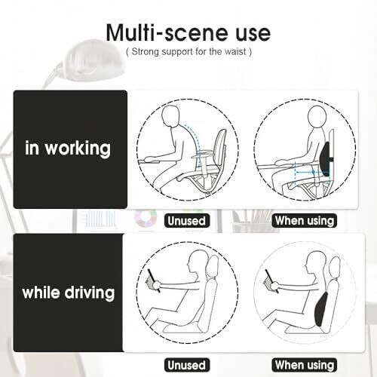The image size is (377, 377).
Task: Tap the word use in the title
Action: [253, 35]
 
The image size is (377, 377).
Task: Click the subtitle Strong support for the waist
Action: [188, 52]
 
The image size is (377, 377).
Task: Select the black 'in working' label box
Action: [70, 149]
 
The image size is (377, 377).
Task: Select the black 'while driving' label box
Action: [69, 293]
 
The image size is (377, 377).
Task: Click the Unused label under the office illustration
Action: [187, 221]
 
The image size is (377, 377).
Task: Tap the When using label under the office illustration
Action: [305, 221]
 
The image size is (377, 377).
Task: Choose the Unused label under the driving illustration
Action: [187, 365]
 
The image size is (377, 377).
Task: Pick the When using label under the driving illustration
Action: [305, 365]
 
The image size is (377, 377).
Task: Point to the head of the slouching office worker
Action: [170, 115]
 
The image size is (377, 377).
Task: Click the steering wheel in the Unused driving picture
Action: [154, 280]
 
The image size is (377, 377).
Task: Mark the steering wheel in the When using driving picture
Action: [272, 281]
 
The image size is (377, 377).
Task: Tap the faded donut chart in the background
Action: [146, 218]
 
